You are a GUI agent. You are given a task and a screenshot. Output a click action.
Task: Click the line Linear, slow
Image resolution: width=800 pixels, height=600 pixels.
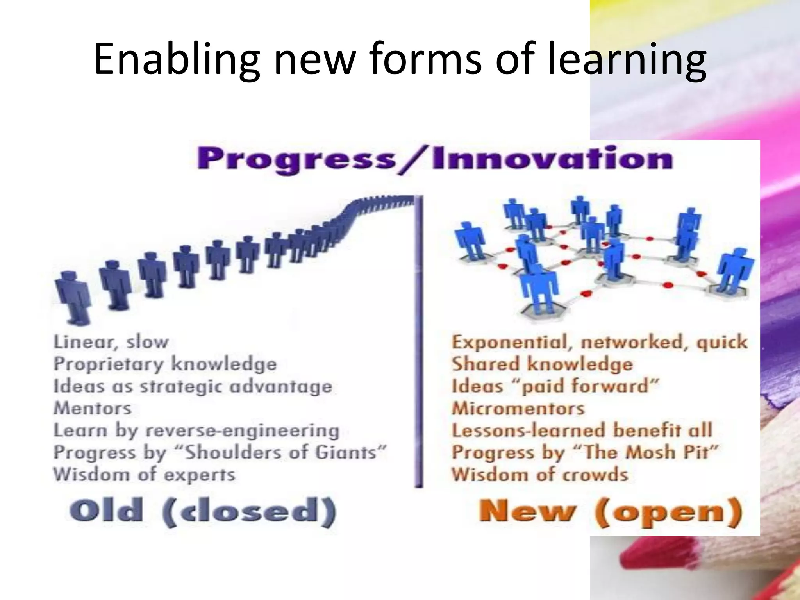(111, 342)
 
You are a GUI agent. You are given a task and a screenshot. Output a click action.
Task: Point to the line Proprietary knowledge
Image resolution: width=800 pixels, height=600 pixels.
(165, 364)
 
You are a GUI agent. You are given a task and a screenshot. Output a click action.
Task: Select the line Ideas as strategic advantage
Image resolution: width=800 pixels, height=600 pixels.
(193, 386)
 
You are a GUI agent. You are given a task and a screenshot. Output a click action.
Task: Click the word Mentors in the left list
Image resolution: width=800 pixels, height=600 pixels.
(92, 409)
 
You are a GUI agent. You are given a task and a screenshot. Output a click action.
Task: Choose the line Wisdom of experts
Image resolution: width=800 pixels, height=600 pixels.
(144, 475)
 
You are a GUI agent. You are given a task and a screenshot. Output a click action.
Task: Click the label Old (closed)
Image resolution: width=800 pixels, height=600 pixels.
(202, 512)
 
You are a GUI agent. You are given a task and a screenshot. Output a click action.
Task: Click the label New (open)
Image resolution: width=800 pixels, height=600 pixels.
(610, 512)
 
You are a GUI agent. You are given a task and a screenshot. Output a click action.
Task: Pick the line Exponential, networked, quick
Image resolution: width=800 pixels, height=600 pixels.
(599, 342)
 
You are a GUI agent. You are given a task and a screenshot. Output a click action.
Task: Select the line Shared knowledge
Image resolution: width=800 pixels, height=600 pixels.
(542, 364)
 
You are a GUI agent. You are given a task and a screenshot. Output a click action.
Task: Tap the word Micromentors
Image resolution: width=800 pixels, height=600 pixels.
(518, 409)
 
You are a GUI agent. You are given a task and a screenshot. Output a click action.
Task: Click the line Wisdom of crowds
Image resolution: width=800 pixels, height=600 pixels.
(539, 475)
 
